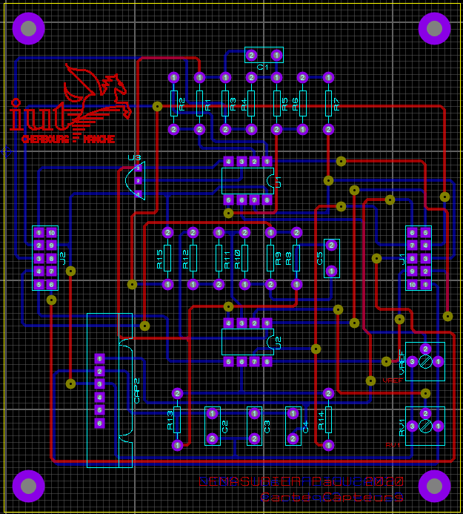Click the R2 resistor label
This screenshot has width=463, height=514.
pos(182,104)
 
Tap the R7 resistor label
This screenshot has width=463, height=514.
pos(337,104)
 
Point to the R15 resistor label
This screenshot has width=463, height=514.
pos(160,258)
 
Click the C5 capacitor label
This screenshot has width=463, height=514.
pos(320,258)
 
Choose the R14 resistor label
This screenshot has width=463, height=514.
pos(322,421)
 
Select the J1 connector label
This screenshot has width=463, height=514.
pos(403,258)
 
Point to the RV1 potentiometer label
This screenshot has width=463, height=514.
pos(402,426)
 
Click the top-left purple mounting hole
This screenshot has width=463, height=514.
pos(29,28)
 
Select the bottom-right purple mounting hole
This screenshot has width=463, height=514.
pos(434,486)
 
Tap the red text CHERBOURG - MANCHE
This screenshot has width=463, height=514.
pos(67,139)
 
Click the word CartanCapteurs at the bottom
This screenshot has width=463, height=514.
pos(331,498)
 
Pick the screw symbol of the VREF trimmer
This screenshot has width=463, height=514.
pos(425,361)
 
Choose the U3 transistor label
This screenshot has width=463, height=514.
pos(134,157)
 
